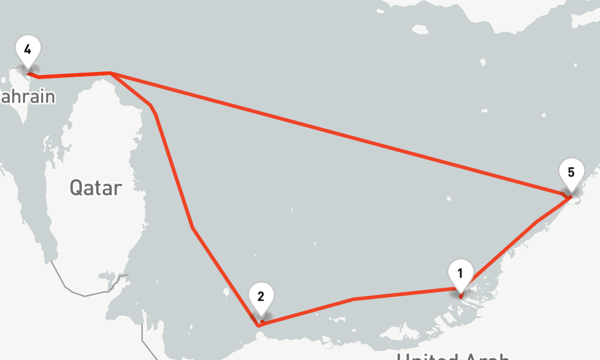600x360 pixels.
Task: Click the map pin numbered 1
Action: coord(460,274)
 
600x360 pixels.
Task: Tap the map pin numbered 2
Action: coord(261,297)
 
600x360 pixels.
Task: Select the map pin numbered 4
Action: coord(28,49)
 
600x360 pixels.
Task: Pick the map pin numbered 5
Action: coord(571,173)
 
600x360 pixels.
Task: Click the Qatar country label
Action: coord(95,188)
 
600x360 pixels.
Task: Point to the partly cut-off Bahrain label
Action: coord(27,97)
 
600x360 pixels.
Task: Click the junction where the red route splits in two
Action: coord(112,73)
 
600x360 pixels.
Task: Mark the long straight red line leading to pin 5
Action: coord(336,133)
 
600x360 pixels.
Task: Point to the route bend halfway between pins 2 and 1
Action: coord(353,299)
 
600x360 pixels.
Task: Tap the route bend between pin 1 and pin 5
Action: coord(537,221)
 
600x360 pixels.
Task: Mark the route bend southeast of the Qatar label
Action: coord(193,228)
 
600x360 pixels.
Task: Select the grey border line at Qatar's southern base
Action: coord(84,295)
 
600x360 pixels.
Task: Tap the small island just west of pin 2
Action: coord(225,294)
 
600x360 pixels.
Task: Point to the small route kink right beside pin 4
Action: coord(37,77)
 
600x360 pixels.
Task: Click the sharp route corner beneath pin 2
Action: coord(258,325)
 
